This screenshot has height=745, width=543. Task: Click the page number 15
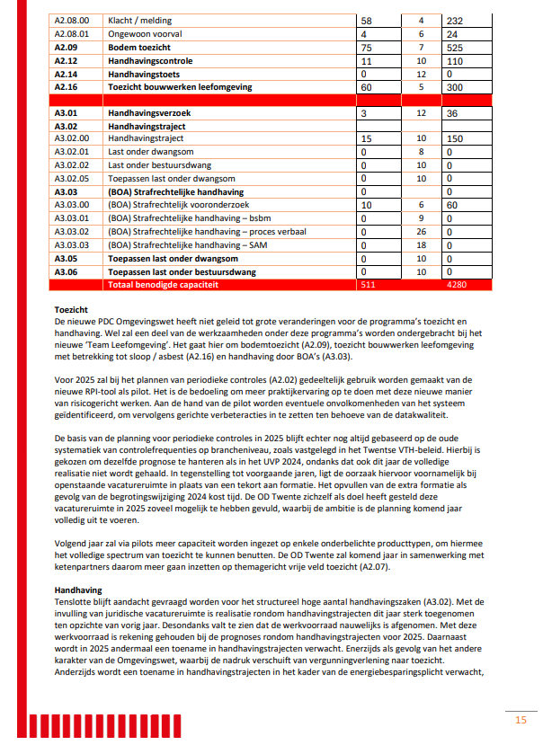tap(521, 719)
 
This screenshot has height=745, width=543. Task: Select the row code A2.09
tap(66, 46)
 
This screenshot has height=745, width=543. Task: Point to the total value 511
tap(368, 284)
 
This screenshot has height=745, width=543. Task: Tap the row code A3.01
tap(66, 114)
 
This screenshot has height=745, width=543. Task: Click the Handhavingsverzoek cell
tap(150, 114)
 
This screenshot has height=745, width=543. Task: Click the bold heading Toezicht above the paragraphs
tap(71, 308)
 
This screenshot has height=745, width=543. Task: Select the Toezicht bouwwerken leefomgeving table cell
tap(180, 87)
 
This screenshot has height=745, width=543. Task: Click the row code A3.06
tap(66, 271)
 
